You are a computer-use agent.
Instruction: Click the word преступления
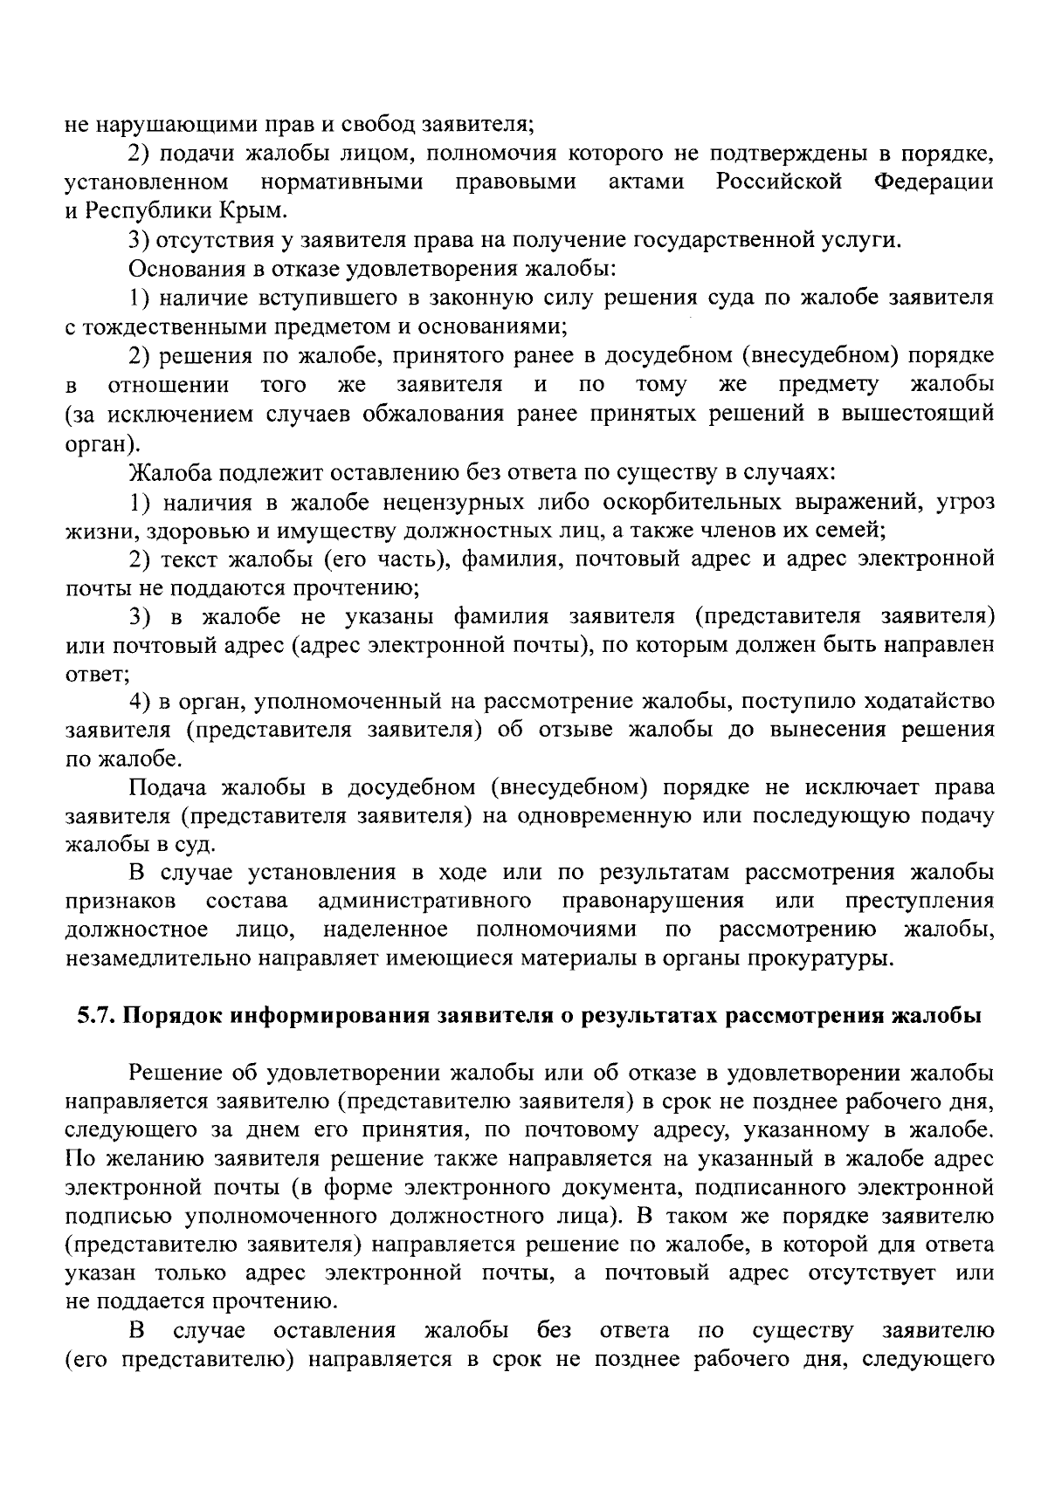[920, 901]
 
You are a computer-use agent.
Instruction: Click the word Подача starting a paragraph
[166, 787]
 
